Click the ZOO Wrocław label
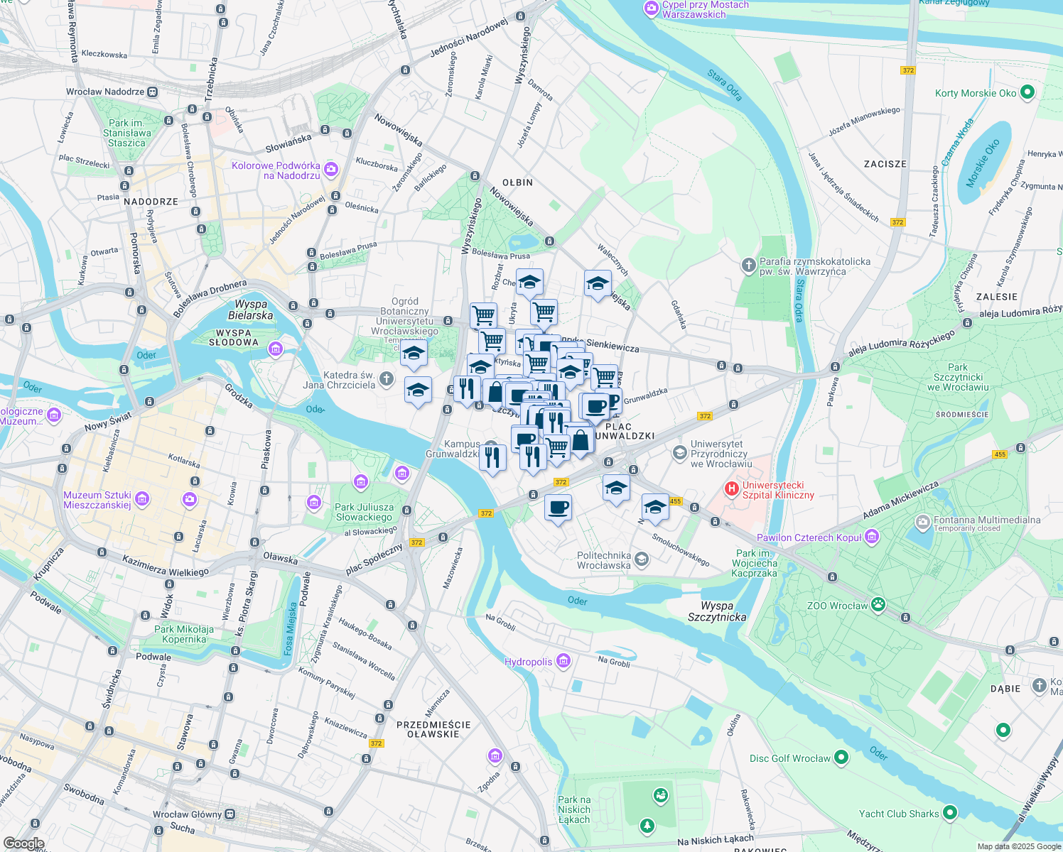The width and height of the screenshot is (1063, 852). click(837, 606)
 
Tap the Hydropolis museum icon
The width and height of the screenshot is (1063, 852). click(563, 662)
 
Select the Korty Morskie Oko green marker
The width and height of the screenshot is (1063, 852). click(1027, 92)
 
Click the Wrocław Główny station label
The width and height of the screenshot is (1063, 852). click(187, 814)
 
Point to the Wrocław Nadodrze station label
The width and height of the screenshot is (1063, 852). click(105, 92)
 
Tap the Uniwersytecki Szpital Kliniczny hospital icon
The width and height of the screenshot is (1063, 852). click(730, 489)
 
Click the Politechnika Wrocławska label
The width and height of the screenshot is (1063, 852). click(604, 560)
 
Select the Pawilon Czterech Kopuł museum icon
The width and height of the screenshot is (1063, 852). click(872, 537)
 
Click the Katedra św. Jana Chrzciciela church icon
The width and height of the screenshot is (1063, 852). click(386, 379)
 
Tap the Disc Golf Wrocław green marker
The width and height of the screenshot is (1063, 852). click(841, 758)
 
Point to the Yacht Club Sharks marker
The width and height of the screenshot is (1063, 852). click(951, 813)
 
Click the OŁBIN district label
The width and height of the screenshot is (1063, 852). click(517, 182)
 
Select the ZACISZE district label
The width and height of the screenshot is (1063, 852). click(885, 164)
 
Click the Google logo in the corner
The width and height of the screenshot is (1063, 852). click(23, 843)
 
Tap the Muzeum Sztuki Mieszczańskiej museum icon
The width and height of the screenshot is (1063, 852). click(142, 499)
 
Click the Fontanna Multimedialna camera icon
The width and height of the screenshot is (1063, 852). click(922, 523)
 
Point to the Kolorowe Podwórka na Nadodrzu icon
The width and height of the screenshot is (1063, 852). click(330, 170)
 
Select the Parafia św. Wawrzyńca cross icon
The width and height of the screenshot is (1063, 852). click(748, 266)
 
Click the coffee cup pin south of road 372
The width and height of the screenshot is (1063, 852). click(559, 508)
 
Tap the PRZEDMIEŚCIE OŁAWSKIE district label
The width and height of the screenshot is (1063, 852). click(433, 729)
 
